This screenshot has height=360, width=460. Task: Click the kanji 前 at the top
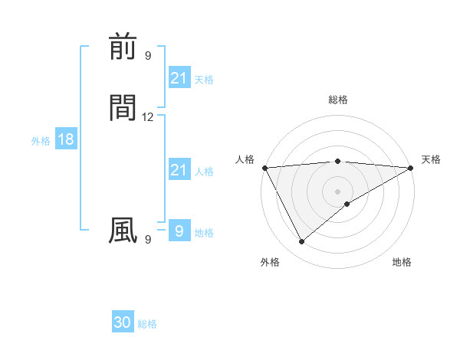pos(123,47)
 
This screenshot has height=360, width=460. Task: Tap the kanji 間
pos(123,109)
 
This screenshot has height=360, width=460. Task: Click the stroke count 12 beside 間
pos(148,117)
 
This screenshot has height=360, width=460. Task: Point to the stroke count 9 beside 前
pos(148,55)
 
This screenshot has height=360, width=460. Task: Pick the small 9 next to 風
pos(148,240)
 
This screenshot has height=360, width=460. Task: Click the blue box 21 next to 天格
pos(179,78)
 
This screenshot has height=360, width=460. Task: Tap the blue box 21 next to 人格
pos(179,170)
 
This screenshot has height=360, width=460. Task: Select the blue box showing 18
pos(65,139)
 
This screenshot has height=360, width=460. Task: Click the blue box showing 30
pos(123,322)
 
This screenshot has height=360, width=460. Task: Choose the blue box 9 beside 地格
pos(179,231)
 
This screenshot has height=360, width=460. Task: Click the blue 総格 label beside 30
pos(147,324)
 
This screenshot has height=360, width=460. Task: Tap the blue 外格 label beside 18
pos(41,141)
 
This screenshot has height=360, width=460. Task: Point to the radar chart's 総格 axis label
pos(337,100)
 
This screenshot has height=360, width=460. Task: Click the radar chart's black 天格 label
pos(431,159)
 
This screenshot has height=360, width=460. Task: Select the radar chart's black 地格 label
pos(402,262)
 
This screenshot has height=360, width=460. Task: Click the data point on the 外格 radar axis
pos(301,242)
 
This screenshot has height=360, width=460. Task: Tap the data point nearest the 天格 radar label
pos(411,168)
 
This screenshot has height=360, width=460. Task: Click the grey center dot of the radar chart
pos(337,191)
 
